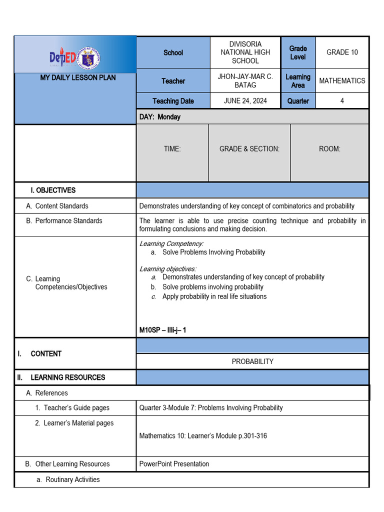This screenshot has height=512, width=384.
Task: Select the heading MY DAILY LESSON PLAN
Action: point(77,77)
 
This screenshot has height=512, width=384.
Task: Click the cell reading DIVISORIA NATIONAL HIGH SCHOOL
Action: point(245,52)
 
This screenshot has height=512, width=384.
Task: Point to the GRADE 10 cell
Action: point(342,52)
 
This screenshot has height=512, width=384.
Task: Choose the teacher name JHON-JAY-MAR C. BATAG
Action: point(245,80)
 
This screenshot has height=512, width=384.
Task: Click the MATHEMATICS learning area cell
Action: point(342,80)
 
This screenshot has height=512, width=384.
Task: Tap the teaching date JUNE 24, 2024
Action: point(245,100)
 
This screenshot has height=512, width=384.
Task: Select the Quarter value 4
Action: point(342,100)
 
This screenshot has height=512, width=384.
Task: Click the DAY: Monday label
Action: point(160,117)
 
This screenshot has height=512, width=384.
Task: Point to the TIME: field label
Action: point(172,149)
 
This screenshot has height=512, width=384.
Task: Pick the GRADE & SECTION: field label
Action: point(249,149)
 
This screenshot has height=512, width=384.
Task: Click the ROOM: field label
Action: point(329,149)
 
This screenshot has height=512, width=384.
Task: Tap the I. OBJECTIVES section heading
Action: point(53,190)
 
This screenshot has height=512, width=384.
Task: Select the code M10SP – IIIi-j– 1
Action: point(162,330)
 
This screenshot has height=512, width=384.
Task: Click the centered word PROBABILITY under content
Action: point(252,361)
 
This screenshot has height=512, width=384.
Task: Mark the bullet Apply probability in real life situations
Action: point(214,296)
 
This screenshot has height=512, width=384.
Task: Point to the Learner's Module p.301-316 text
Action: point(203,436)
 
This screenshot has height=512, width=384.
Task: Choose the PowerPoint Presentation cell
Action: point(174,464)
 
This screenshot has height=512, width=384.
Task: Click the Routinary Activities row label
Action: point(72,479)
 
